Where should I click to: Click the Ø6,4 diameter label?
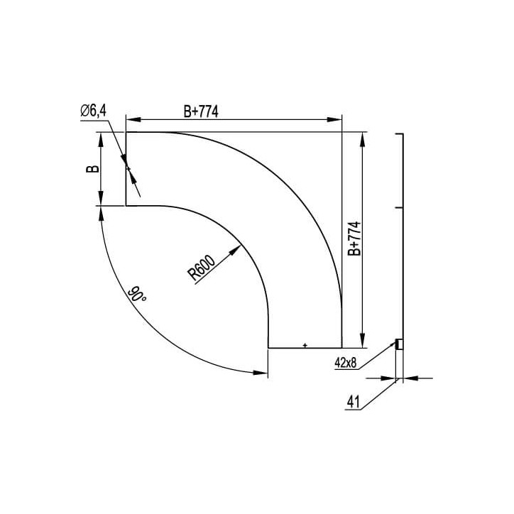[94, 110]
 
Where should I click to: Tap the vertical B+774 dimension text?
[354, 238]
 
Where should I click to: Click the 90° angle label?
[138, 295]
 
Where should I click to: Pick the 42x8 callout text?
[346, 362]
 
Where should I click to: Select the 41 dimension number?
[353, 403]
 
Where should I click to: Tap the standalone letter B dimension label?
[91, 169]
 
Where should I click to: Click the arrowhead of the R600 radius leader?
[237, 249]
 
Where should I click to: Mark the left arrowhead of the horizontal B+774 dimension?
[131, 120]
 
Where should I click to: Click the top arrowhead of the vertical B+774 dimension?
[363, 138]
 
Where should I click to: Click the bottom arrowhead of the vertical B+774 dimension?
[363, 342]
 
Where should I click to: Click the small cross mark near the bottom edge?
[305, 345]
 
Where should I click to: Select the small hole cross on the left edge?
[128, 168]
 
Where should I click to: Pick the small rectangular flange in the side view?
[400, 344]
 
